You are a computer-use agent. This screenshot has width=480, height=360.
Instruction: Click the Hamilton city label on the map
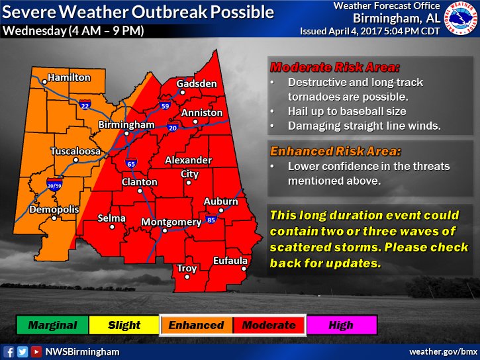[x=69, y=78]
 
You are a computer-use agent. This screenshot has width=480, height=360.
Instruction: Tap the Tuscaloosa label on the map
[x=76, y=152]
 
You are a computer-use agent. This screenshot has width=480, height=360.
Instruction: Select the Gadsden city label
[x=197, y=83]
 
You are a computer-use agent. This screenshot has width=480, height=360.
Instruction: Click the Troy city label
[x=187, y=269]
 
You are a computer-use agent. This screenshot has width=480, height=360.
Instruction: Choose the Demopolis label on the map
[x=54, y=210]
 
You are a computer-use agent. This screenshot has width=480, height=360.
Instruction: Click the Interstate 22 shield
[x=85, y=105]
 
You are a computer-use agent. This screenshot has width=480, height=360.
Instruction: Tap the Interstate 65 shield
[x=130, y=163]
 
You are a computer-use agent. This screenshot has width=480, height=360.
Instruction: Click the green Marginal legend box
[x=52, y=325]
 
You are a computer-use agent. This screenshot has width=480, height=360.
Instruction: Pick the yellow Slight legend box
[x=124, y=325]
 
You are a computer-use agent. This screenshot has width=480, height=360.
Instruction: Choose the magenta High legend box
[x=341, y=325]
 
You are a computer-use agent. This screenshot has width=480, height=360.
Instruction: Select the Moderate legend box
[x=269, y=325]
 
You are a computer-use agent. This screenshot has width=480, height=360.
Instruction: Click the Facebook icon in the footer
[x=9, y=351]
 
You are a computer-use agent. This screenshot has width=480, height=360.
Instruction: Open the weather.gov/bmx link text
[x=442, y=351]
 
